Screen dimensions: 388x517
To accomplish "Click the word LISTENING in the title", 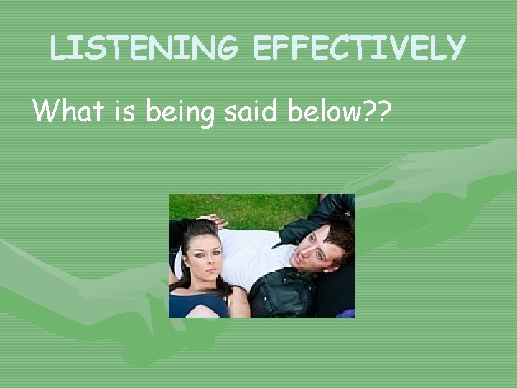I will [x=144, y=48].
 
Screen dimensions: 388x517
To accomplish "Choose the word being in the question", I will [x=180, y=112].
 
